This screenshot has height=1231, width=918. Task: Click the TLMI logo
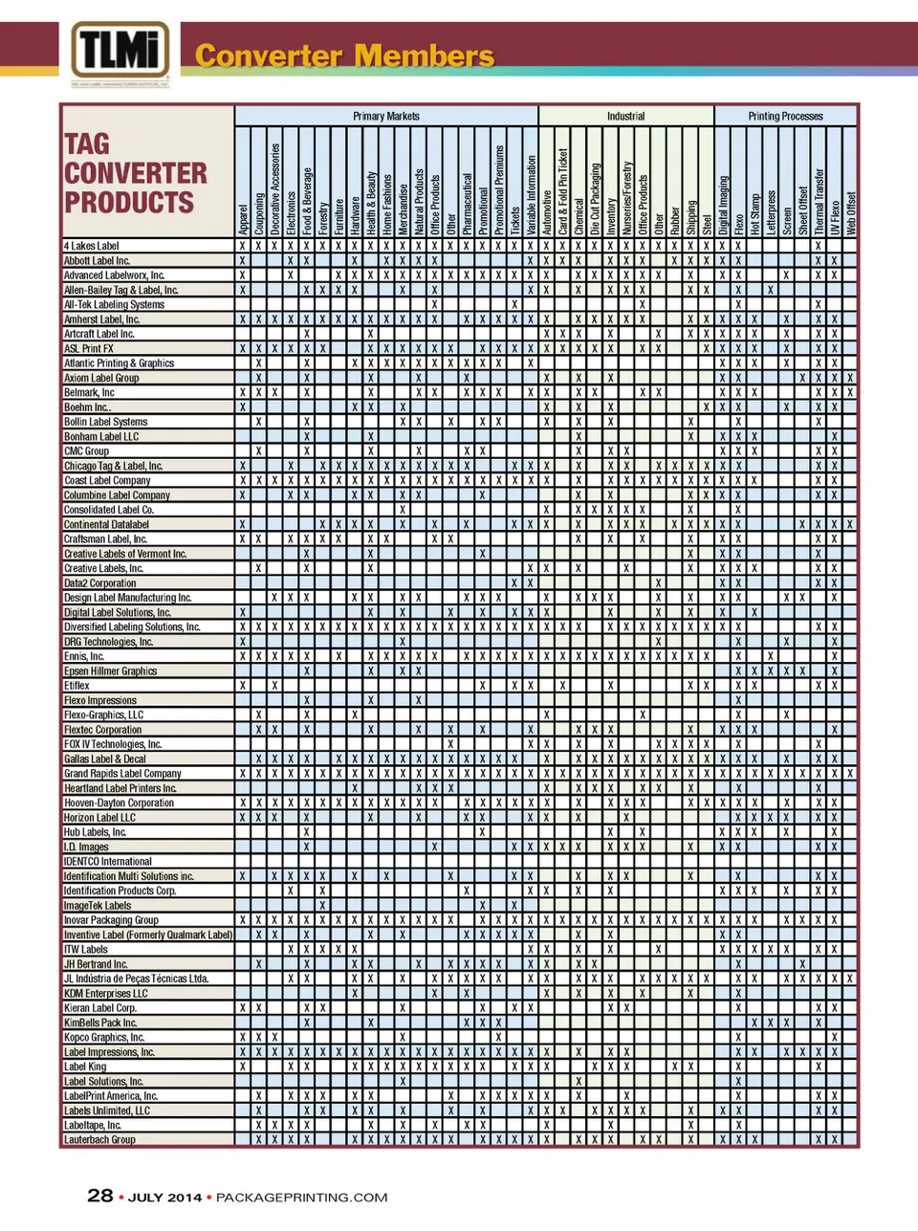tap(120, 53)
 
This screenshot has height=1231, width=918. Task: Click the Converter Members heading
tap(344, 55)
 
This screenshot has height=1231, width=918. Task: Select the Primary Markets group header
tap(385, 116)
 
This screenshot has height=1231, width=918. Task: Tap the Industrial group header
tap(625, 116)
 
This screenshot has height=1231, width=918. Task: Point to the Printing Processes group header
tap(785, 116)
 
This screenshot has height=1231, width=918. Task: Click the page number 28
tap(99, 1196)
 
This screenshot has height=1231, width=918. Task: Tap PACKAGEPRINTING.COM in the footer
tap(301, 1198)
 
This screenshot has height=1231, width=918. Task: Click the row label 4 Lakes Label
tap(92, 246)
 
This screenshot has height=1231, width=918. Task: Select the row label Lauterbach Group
tap(99, 1140)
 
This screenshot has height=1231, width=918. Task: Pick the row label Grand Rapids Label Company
tap(122, 774)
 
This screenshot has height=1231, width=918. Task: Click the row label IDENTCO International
tap(108, 862)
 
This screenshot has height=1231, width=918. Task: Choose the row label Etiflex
tap(76, 686)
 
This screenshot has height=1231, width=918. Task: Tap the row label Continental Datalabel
tap(106, 524)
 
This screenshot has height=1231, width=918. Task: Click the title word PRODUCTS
tap(129, 203)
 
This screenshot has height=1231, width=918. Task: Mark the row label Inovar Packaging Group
tap(111, 920)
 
